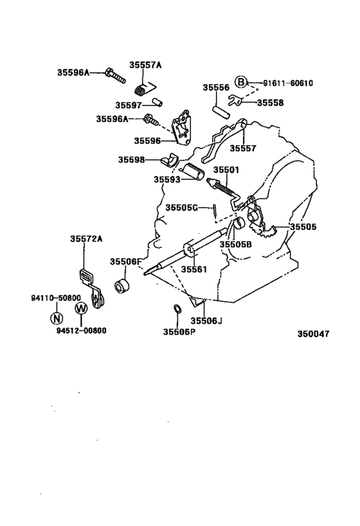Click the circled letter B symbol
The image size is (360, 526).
tap(240, 82)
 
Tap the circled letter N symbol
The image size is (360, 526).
tap(57, 317)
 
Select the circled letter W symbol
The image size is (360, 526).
tap(80, 308)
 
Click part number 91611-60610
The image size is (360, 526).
tap(288, 83)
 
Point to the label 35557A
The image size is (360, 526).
tap(145, 64)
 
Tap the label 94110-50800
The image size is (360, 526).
tap(56, 298)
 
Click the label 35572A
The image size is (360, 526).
tap(86, 239)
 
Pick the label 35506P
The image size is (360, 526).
tap(179, 332)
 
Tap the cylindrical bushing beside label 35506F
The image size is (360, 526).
tap(122, 285)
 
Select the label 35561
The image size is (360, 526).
tap(193, 270)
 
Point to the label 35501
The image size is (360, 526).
tap(226, 170)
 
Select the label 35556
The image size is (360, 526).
tap(216, 88)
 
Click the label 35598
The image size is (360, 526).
tap(131, 159)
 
